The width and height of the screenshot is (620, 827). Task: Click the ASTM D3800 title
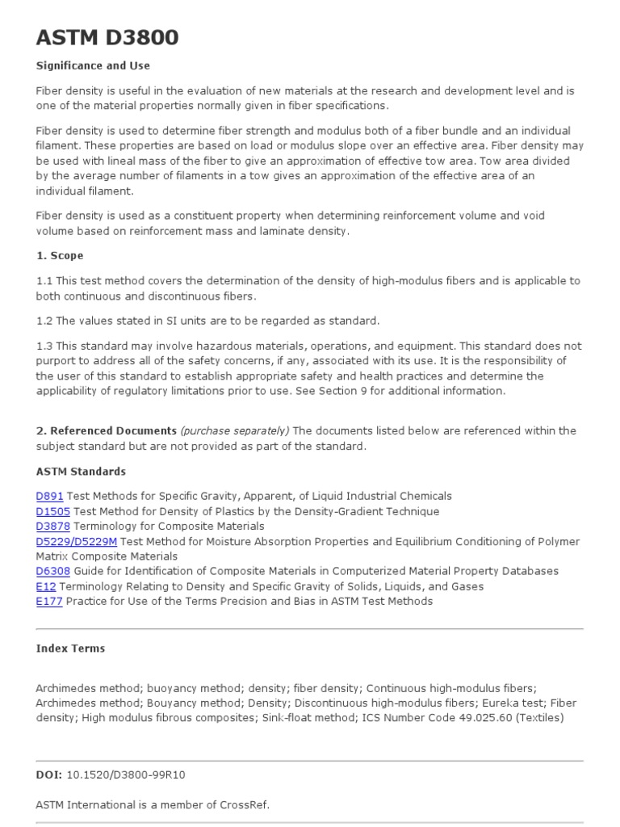click(x=107, y=37)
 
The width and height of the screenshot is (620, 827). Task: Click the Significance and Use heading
click(x=93, y=65)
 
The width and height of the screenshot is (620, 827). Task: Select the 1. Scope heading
click(x=60, y=255)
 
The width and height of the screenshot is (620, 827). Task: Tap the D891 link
click(x=49, y=496)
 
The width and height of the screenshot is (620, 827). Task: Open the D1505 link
click(x=53, y=511)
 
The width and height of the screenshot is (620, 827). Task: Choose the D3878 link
click(x=53, y=526)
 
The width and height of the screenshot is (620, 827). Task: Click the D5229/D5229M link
click(x=77, y=541)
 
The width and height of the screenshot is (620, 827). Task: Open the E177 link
click(x=49, y=601)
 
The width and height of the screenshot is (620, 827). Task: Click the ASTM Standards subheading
click(x=81, y=471)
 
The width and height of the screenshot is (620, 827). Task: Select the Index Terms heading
click(x=70, y=648)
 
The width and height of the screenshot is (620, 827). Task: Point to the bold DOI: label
click(x=48, y=774)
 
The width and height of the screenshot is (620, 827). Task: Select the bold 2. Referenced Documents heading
click(x=106, y=430)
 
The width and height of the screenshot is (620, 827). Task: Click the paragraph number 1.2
click(x=45, y=321)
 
